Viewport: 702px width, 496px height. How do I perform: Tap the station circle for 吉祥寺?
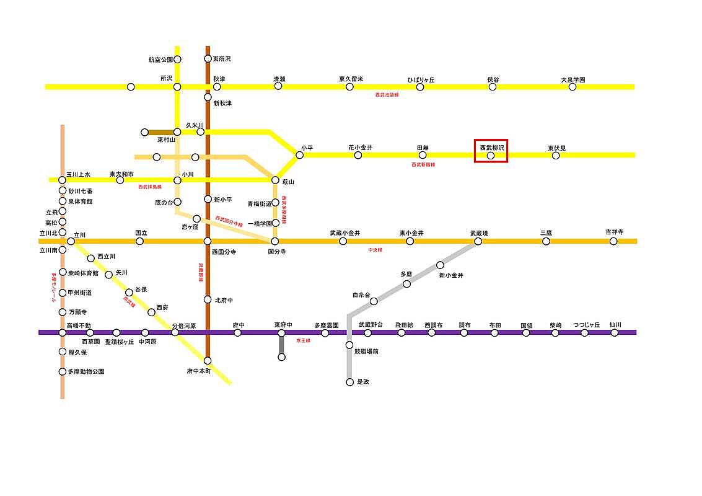click(613, 241)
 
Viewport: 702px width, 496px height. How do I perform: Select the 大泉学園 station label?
click(573, 80)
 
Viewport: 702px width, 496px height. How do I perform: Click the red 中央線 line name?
click(375, 250)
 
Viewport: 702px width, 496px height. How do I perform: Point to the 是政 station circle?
click(349, 382)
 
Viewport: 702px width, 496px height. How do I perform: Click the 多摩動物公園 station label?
click(86, 372)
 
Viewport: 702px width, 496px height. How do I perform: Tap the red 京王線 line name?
click(303, 341)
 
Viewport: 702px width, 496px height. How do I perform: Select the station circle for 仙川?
click(615, 332)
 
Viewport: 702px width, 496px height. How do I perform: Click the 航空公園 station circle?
click(177, 60)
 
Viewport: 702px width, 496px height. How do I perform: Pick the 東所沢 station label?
click(222, 59)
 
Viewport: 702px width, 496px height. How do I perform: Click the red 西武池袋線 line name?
click(387, 95)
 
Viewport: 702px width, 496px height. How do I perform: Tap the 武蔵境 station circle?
click(478, 241)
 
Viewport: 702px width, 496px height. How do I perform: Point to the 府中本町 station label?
click(199, 371)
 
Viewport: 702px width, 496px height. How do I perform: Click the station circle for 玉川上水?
click(62, 180)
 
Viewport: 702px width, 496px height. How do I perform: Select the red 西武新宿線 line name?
click(423, 165)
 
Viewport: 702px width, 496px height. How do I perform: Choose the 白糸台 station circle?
click(374, 301)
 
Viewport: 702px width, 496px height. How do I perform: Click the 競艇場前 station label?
click(366, 352)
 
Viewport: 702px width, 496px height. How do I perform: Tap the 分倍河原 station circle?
click(175, 332)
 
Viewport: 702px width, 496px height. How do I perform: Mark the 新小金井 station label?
click(451, 275)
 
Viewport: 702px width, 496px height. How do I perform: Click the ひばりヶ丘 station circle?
click(420, 87)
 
